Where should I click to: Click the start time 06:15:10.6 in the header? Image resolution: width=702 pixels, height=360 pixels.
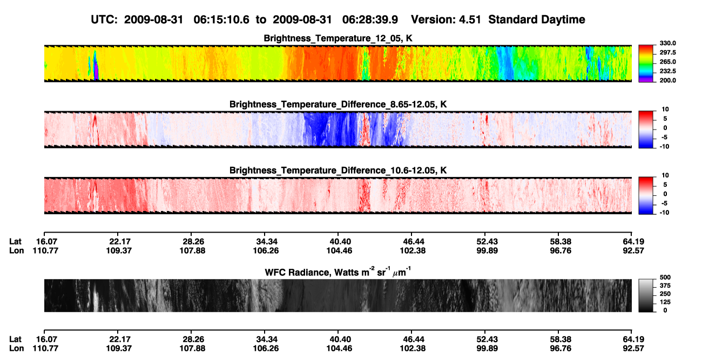(x=221, y=20)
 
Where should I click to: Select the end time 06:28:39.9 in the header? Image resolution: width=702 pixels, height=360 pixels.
(x=370, y=20)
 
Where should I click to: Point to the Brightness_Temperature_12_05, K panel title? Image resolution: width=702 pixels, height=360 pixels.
(x=338, y=38)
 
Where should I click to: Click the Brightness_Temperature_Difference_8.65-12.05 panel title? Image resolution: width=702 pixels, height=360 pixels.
(x=338, y=104)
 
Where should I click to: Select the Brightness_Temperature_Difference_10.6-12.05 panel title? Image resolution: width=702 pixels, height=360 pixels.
(x=338, y=171)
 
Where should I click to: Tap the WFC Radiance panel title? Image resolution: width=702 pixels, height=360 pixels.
(x=338, y=272)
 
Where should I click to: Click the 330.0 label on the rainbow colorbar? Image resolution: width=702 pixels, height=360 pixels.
(x=667, y=43)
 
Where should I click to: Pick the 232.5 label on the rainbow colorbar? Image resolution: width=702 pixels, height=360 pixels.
(x=667, y=71)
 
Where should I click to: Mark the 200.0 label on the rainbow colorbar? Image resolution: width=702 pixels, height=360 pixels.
(x=667, y=80)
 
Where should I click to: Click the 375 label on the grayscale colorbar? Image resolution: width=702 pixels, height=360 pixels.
(x=665, y=286)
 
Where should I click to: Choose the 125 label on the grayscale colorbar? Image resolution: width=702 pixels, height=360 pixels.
(x=665, y=302)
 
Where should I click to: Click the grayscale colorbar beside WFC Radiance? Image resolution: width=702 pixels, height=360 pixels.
(x=646, y=296)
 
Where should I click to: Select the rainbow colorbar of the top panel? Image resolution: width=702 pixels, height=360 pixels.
(x=646, y=64)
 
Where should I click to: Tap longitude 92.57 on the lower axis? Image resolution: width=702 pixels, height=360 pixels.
(x=633, y=349)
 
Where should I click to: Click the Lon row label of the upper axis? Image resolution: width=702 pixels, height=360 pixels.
(x=16, y=250)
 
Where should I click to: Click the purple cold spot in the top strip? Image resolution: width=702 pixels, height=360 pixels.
(x=96, y=73)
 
